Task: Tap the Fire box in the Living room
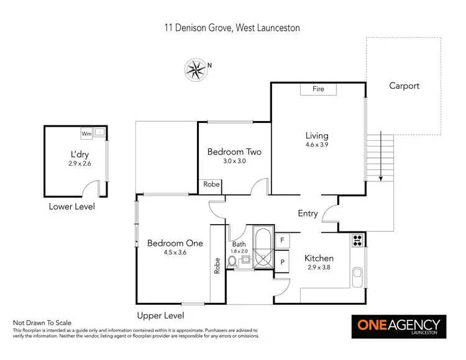tap(318, 89)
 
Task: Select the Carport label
tap(404, 86)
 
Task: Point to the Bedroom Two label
tap(234, 151)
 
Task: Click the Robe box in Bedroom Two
tap(210, 185)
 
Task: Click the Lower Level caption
tap(71, 207)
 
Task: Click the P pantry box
tap(283, 263)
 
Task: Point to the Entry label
tap(308, 214)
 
